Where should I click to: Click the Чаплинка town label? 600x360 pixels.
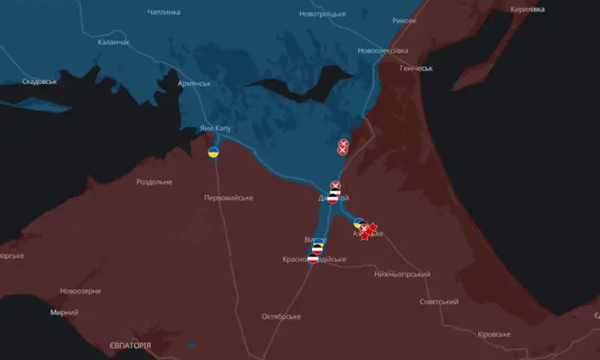coord(164,12)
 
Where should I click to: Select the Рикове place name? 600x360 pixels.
coord(405,20)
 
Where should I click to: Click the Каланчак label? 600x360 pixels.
coord(114,41)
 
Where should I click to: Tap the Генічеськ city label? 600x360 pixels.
coord(417,68)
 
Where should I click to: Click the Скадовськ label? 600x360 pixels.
coord(39,81)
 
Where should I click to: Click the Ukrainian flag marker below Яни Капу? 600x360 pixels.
coord(213,153)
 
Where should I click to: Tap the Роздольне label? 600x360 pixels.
coord(154,182)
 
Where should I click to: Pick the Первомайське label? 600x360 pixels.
coord(228,198)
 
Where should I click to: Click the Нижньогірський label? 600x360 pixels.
coord(401,274)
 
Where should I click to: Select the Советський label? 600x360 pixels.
coord(439,302)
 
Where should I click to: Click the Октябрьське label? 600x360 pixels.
coord(281,316)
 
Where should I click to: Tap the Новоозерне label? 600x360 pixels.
coord(75,291)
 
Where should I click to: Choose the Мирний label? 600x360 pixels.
coord(63,313)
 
